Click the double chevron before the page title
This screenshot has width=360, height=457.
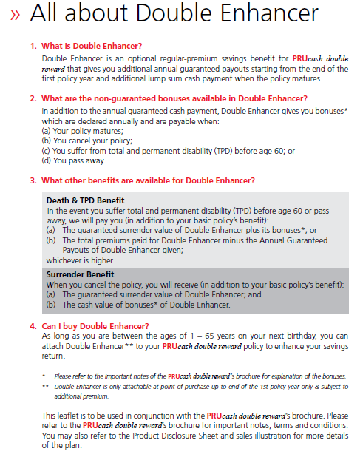pyautogui.click(x=16, y=16)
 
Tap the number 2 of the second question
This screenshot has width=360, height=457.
pyautogui.click(x=33, y=98)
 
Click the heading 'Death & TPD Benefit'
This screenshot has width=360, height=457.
pyautogui.click(x=85, y=200)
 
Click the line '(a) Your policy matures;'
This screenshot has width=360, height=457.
pyautogui.click(x=82, y=131)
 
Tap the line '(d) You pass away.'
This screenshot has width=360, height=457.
pyautogui.click(x=74, y=160)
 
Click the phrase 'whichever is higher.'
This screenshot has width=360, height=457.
pyautogui.click(x=81, y=260)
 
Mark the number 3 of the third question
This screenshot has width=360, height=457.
pyautogui.click(x=33, y=180)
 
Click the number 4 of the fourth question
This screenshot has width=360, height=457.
pyautogui.click(x=33, y=325)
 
